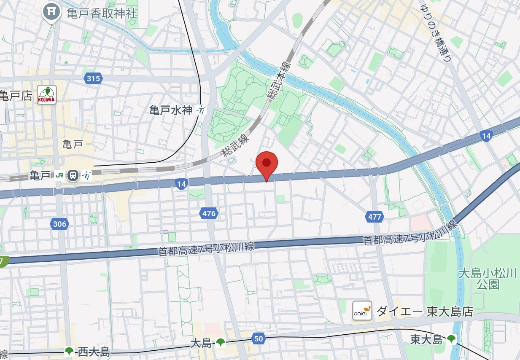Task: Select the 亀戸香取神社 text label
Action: (x=102, y=13)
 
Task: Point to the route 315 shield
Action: (x=93, y=78)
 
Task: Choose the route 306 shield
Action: (x=59, y=224)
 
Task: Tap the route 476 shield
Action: (x=209, y=214)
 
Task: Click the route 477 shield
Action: (x=374, y=217)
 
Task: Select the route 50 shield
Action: (x=259, y=338)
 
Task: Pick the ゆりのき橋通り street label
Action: (x=436, y=32)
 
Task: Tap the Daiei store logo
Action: (x=362, y=311)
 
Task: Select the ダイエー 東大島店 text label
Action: (x=424, y=312)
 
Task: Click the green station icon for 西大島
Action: (x=69, y=351)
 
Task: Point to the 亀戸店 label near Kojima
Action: (x=16, y=96)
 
